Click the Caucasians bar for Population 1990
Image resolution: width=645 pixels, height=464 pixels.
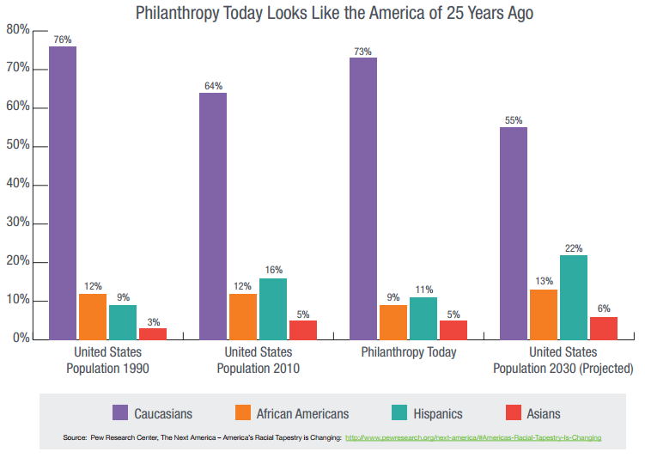click(63, 192)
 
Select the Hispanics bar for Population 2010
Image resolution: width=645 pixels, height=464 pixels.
click(273, 308)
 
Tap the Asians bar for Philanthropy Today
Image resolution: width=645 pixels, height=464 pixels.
click(453, 329)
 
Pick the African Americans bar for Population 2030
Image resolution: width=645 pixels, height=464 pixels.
click(544, 314)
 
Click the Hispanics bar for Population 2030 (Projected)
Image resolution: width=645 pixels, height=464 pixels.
click(574, 296)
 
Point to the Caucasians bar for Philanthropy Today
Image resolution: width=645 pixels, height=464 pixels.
click(363, 198)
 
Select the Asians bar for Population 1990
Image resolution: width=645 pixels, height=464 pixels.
click(153, 333)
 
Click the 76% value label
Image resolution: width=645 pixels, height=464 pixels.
click(63, 39)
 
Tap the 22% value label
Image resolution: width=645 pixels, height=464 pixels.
click(574, 248)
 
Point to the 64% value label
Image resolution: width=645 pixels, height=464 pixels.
click(213, 86)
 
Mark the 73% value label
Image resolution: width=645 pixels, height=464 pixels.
click(363, 51)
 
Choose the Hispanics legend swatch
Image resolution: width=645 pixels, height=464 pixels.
click(390, 413)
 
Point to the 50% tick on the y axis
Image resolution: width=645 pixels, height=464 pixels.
click(18, 146)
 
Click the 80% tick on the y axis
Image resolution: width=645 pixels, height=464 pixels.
click(18, 30)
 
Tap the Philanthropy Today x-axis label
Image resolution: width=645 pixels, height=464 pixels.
click(409, 352)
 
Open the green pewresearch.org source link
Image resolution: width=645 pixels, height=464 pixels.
click(473, 437)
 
